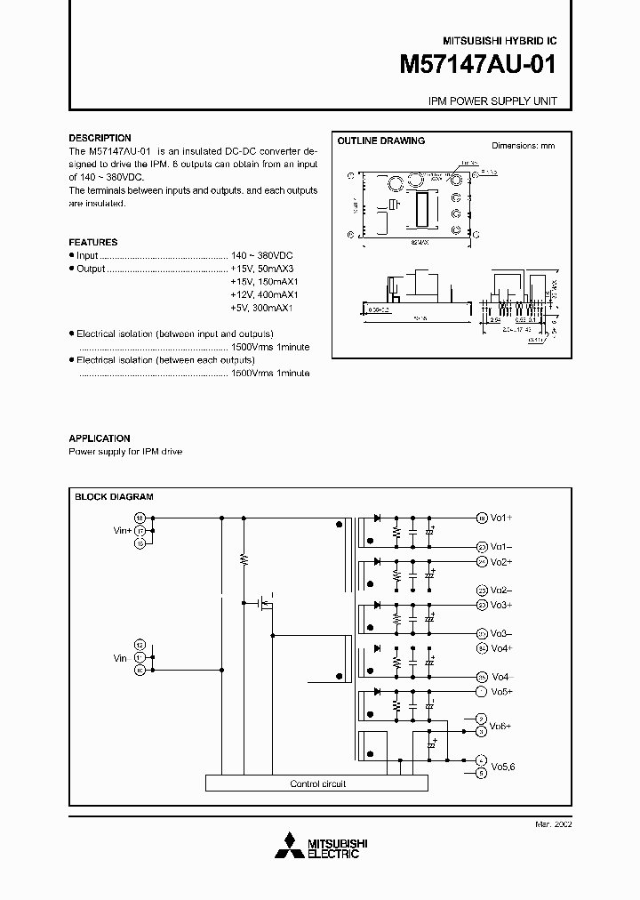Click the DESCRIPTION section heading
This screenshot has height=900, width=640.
point(100,138)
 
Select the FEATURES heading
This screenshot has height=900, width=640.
point(93,242)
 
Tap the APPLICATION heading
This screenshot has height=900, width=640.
point(100,438)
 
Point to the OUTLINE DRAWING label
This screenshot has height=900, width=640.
point(380,141)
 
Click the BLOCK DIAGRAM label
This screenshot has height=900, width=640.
point(114,497)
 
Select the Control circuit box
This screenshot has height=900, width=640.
point(317,783)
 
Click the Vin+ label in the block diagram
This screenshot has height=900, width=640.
point(122,529)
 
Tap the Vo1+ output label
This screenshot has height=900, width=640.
point(502,518)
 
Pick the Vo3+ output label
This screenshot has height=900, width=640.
point(502,605)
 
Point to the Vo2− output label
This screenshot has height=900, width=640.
point(501,591)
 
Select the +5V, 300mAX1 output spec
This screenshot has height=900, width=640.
point(261,308)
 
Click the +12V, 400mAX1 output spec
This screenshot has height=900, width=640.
point(264,294)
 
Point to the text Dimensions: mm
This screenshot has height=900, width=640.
point(523,146)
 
